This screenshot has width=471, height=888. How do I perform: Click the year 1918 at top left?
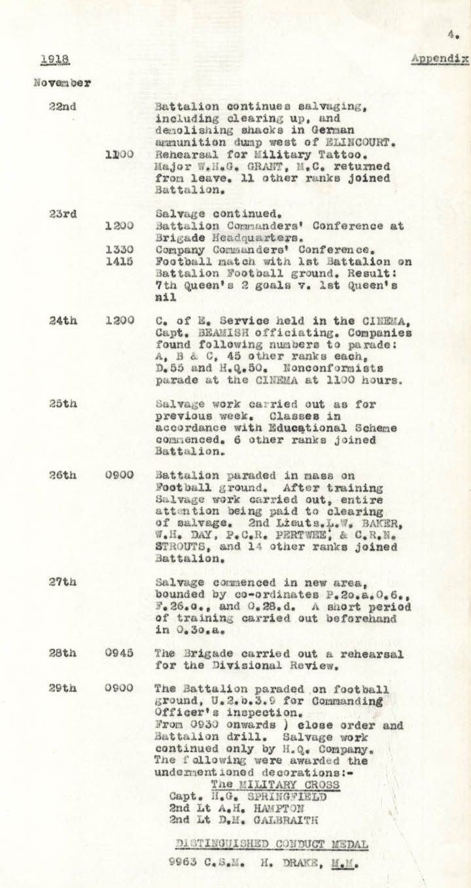[55, 60]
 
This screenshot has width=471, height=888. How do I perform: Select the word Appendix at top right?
[440, 59]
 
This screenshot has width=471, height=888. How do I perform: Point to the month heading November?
[62, 83]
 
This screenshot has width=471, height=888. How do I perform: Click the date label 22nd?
[62, 107]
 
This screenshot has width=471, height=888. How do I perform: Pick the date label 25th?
[63, 403]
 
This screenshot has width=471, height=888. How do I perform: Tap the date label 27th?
[63, 581]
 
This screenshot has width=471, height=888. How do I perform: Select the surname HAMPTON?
[277, 808]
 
